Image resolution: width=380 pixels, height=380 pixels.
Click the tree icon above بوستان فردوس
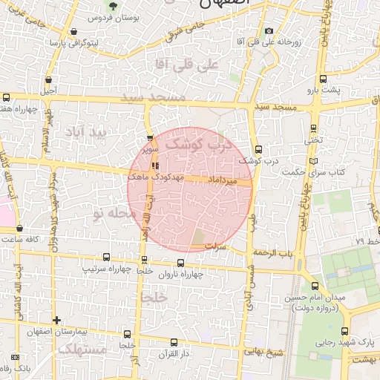112,6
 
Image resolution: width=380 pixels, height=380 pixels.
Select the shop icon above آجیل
49,80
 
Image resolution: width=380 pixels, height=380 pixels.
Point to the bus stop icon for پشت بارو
322,78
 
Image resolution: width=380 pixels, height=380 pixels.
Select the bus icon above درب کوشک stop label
258,149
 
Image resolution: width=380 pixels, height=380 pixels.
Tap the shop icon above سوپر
151,138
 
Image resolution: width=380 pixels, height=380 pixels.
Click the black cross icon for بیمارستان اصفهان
56,320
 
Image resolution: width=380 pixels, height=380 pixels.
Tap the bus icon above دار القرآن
174,343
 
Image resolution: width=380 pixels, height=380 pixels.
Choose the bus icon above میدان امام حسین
315,286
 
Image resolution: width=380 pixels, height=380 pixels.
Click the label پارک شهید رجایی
350,344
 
